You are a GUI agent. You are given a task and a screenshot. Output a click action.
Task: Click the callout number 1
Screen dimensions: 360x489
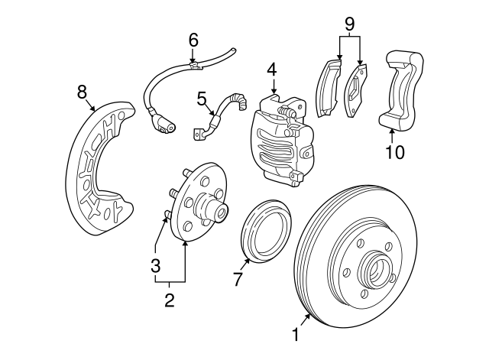click(294, 335)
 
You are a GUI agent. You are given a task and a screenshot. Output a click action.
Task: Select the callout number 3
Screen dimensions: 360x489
click(155, 266)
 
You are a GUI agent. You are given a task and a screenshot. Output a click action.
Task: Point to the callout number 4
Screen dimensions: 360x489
click(271, 70)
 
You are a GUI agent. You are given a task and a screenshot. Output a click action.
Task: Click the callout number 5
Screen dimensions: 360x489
click(202, 98)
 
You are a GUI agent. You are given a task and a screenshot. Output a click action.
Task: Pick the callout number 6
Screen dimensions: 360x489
click(193, 38)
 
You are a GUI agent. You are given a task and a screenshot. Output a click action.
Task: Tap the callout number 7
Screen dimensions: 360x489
click(238, 280)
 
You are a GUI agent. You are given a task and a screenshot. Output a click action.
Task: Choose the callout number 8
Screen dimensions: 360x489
click(82, 92)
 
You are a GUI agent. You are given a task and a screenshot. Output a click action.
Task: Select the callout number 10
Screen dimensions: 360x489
click(394, 152)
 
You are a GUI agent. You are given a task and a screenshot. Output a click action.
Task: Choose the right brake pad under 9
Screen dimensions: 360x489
click(356, 90)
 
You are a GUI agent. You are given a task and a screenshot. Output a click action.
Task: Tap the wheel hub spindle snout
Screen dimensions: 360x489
click(213, 207)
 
